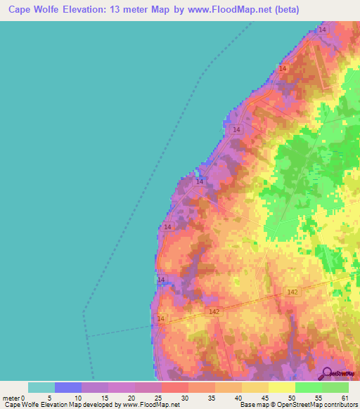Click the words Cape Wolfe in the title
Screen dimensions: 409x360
(34, 10)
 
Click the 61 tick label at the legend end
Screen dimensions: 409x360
(345, 398)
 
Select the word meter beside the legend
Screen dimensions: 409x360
(11, 398)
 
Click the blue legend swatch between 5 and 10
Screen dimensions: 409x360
(68, 387)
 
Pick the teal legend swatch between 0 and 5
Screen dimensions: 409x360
(41, 387)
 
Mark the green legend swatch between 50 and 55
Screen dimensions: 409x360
(308, 387)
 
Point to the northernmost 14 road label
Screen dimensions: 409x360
(322, 30)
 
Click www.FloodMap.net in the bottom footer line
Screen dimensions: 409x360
(150, 405)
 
